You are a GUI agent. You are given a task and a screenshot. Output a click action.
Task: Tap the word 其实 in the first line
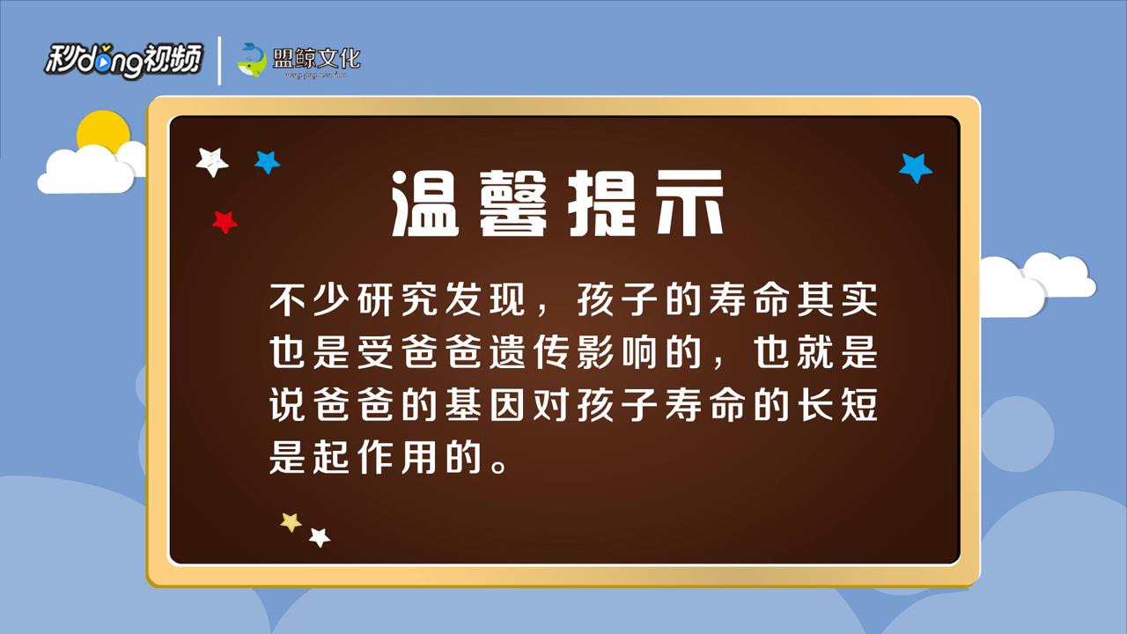coord(834,302)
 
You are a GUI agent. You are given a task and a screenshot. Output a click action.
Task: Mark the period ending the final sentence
coord(499,464)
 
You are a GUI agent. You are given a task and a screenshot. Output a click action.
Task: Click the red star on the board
coord(225,222)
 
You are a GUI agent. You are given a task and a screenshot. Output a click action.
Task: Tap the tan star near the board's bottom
coord(291,522)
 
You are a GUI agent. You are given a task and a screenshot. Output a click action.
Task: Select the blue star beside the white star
coord(267,162)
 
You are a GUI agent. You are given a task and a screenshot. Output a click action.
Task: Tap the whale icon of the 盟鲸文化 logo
coord(252,60)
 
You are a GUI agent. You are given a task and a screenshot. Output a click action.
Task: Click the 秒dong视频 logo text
coord(123,60)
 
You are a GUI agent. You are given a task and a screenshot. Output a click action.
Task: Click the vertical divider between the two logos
coord(219,60)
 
